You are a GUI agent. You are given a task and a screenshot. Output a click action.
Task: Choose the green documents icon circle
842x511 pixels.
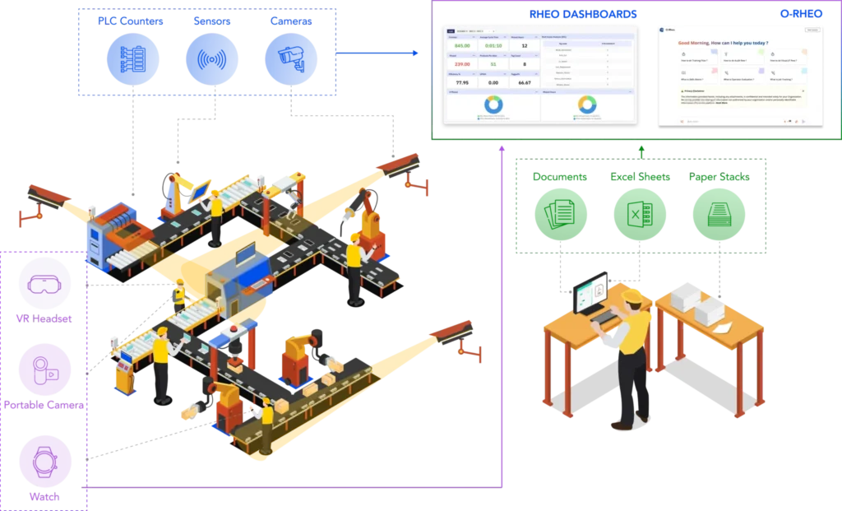click(x=559, y=214)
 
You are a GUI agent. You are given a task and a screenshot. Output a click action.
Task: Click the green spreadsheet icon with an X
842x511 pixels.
click(x=639, y=214)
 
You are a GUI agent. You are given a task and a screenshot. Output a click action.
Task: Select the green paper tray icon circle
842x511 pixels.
click(x=718, y=214)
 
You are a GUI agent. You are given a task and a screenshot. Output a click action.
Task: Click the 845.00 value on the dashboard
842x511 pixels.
click(x=462, y=46)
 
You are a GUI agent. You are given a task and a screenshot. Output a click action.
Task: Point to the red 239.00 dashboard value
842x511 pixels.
click(x=462, y=64)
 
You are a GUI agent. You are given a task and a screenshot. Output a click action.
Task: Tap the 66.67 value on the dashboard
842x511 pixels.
click(x=525, y=82)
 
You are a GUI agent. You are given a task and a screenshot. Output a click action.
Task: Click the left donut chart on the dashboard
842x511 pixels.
click(x=493, y=105)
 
